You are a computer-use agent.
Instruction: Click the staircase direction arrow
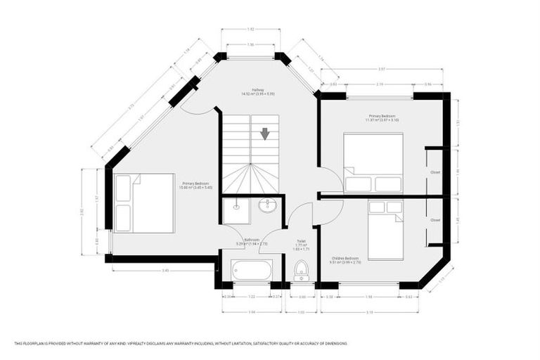click(x=264, y=134)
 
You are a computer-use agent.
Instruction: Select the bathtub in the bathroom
click(x=251, y=269)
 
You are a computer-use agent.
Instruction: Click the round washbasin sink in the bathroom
click(x=267, y=205)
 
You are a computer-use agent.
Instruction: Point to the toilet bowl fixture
click(x=302, y=269)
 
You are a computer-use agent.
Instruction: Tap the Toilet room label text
click(x=300, y=242)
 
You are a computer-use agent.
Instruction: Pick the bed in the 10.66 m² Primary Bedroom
click(x=144, y=202)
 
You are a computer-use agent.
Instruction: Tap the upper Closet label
click(x=435, y=172)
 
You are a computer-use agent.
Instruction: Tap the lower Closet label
click(x=435, y=220)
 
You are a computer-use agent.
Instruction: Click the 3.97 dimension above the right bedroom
click(x=381, y=69)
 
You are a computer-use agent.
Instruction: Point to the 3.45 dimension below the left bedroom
click(x=165, y=270)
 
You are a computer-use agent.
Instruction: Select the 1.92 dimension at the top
click(x=250, y=30)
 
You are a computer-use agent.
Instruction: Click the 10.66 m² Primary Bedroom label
click(x=195, y=185)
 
